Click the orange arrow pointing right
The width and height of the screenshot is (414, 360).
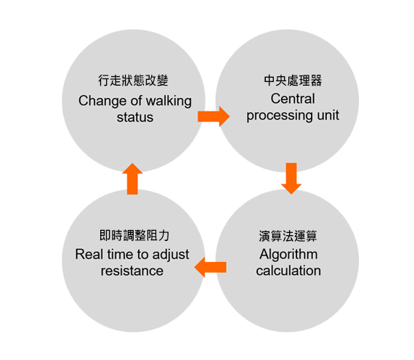[x=214, y=116]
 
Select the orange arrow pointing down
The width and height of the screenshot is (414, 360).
[x=291, y=179]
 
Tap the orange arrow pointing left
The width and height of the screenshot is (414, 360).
[x=211, y=267]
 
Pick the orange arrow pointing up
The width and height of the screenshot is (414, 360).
[x=132, y=179]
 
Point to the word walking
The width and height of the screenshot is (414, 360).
[x=169, y=101]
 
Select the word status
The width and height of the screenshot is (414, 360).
[x=135, y=117]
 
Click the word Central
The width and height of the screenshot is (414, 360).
[x=293, y=99]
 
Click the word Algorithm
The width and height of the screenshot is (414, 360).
[x=288, y=255]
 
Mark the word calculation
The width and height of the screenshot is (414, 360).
[x=288, y=271]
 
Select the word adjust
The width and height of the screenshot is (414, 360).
[x=171, y=255]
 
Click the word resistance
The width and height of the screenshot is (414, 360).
[x=132, y=271]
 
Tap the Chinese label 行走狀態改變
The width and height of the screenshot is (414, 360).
[x=134, y=81]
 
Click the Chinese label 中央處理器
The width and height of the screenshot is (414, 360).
[x=293, y=81]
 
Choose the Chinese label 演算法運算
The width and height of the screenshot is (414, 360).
[x=288, y=236]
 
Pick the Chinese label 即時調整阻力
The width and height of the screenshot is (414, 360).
[x=134, y=235]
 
